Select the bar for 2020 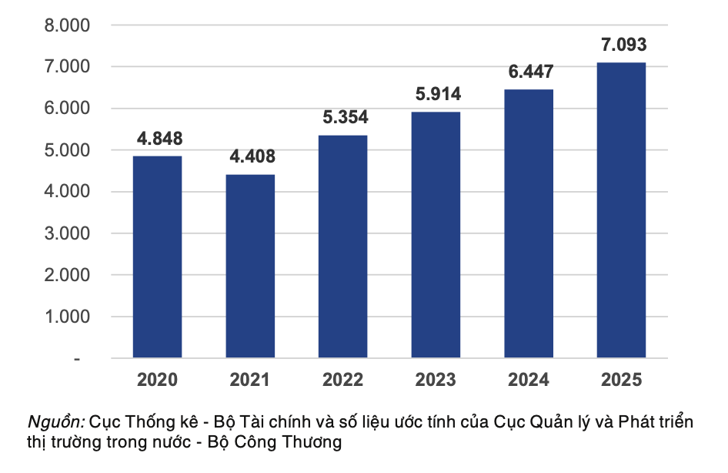click(x=157, y=257)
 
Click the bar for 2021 click(x=250, y=266)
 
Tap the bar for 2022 click(x=342, y=247)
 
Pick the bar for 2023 click(x=436, y=235)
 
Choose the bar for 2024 click(x=529, y=223)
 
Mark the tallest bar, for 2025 click(x=621, y=210)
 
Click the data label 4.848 click(x=160, y=139)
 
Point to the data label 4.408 click(x=252, y=157)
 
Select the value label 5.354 click(x=346, y=118)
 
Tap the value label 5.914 click(x=438, y=95)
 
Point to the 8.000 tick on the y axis click(x=68, y=25)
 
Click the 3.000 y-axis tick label click(x=68, y=233)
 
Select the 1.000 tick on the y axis click(x=68, y=317)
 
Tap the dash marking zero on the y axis click(x=77, y=359)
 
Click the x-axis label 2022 click(x=342, y=380)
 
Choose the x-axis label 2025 click(x=621, y=380)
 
